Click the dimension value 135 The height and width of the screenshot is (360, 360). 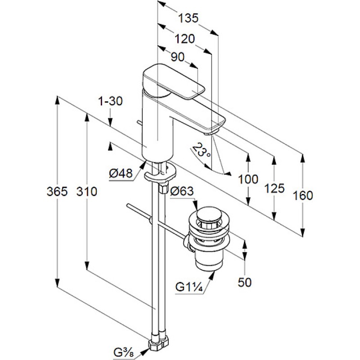[x=188, y=18]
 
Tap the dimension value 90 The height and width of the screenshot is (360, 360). [x=178, y=58]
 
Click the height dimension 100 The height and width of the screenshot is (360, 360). [x=248, y=179]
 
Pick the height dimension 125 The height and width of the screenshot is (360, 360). [x=274, y=188]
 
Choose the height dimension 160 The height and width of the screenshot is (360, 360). [x=302, y=195]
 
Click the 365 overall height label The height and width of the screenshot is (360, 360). [x=57, y=192]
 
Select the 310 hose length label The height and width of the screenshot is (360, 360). [x=86, y=192]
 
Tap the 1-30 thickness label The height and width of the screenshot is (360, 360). [x=110, y=102]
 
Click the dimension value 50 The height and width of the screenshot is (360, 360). [x=244, y=282]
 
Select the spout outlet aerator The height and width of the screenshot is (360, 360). [x=211, y=132]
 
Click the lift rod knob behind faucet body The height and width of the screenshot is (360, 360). [x=139, y=123]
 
